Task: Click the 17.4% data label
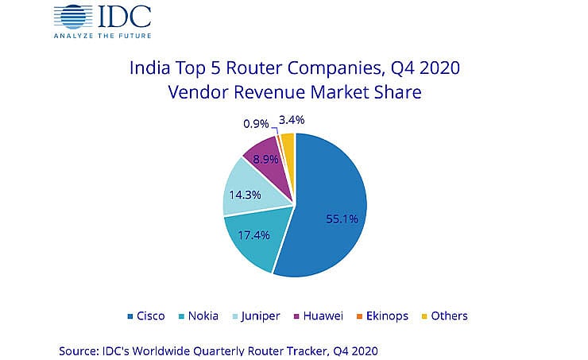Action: click(250, 236)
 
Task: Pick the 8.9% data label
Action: click(264, 158)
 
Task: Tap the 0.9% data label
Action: click(254, 124)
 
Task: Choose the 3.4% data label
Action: click(292, 120)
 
